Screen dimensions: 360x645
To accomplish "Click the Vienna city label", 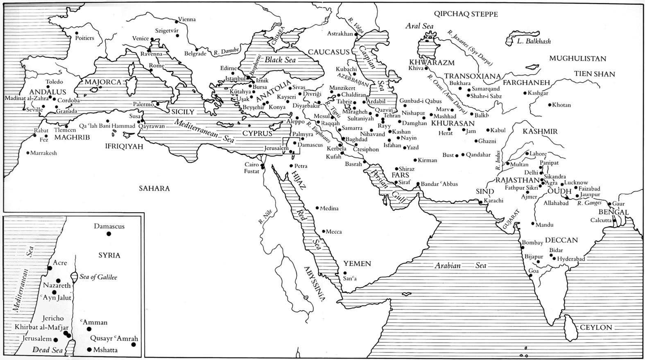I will pos(187,19).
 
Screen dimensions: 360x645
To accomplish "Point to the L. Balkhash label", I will pos(534,41).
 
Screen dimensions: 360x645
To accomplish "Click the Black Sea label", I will pos(280,60).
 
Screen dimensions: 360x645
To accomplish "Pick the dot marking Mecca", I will pos(323,231).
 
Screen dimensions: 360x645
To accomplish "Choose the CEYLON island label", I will pos(595,327).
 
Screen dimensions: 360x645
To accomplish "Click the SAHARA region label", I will pos(154,188).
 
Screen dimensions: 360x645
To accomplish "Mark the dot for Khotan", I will pos(550,105).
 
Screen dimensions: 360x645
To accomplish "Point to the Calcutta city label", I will pos(601,220).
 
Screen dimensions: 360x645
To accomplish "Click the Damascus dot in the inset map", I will pos(109,234).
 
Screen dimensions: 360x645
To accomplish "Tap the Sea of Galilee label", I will pos(98,277).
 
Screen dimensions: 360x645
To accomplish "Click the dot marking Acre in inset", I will pos(50,268).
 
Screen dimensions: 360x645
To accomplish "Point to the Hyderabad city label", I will pos(571,259).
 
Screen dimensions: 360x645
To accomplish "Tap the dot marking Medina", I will pos(317,208).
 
